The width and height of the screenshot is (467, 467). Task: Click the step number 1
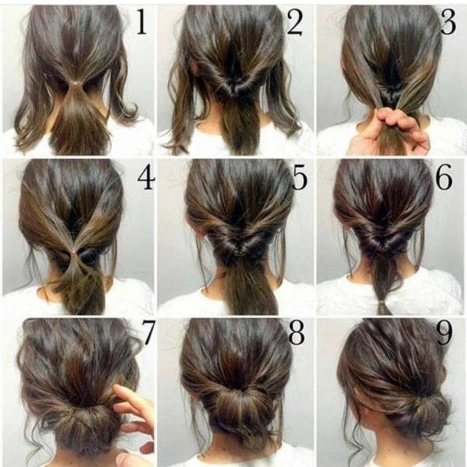pyautogui.click(x=141, y=21)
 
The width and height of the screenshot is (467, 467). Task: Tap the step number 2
pyautogui.click(x=295, y=22)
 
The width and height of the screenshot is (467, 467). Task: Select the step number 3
pyautogui.click(x=448, y=21)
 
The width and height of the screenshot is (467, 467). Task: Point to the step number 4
pyautogui.click(x=146, y=177)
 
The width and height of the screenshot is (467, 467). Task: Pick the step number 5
pyautogui.click(x=299, y=177)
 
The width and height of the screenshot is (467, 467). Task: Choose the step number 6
pyautogui.click(x=444, y=177)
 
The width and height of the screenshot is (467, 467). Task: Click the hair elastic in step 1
pyautogui.click(x=77, y=83)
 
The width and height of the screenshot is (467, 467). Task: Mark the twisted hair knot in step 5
pyautogui.click(x=237, y=244)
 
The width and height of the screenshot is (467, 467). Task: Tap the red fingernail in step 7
pyautogui.click(x=147, y=447)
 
